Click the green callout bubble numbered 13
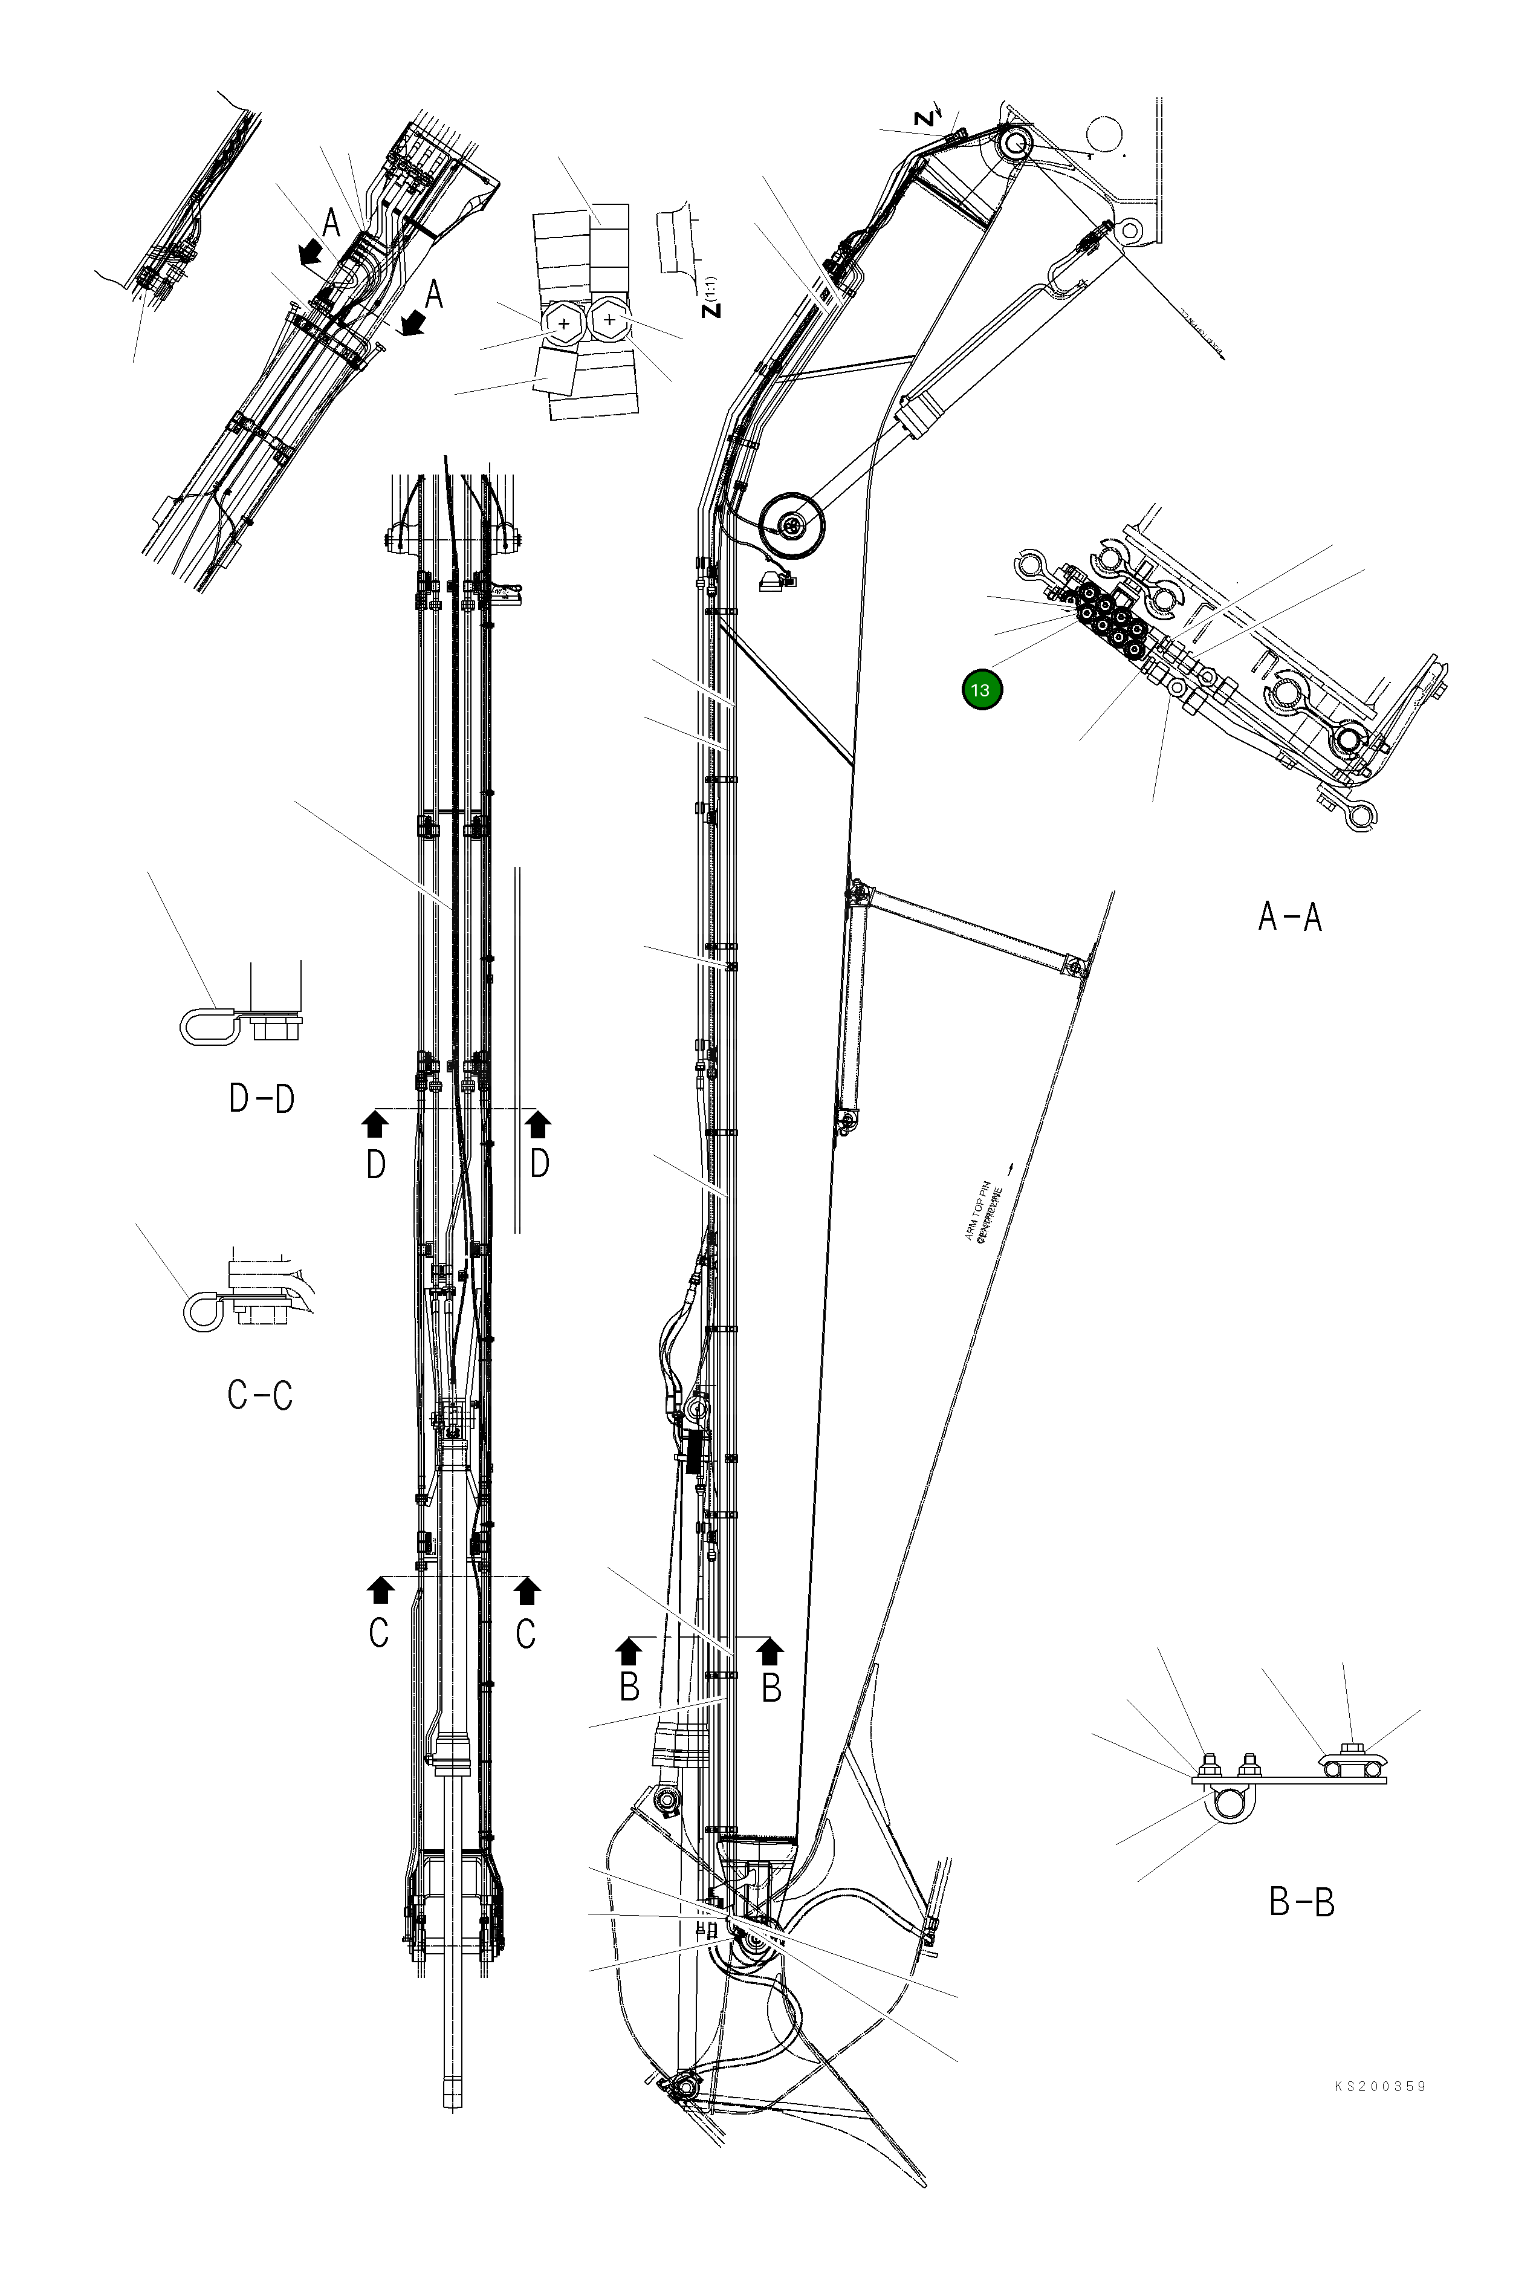(981, 689)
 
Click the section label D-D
(261, 1098)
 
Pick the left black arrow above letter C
(378, 1590)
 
